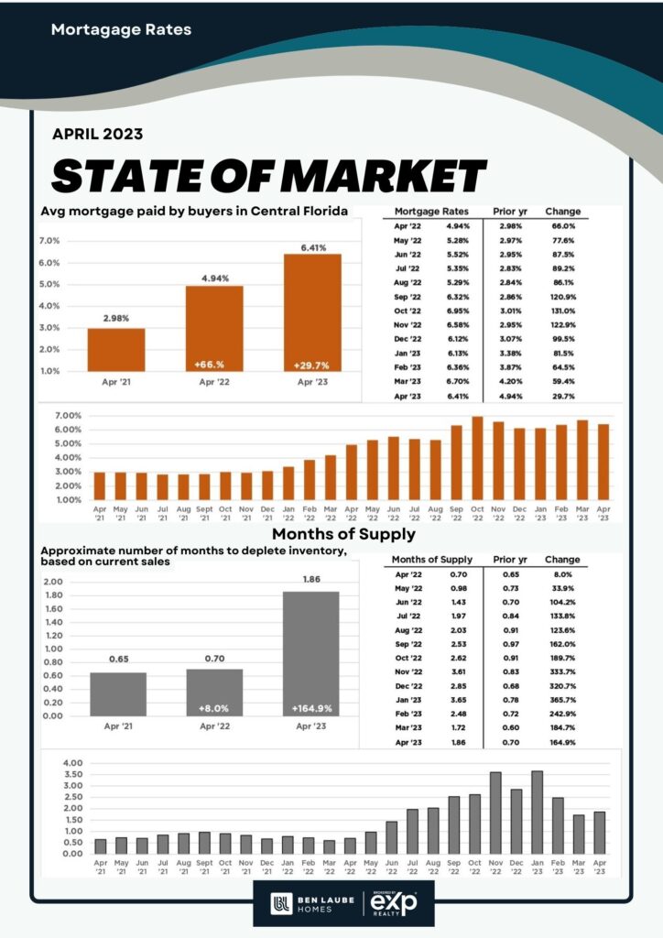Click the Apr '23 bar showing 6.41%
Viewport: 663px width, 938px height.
(312, 311)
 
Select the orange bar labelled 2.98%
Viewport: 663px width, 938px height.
(116, 348)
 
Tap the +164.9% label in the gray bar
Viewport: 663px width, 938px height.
(310, 708)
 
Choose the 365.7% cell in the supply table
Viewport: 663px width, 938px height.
(563, 700)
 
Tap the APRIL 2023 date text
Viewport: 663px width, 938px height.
(97, 134)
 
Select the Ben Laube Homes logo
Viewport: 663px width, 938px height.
(309, 905)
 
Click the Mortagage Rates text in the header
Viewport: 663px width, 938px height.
(121, 29)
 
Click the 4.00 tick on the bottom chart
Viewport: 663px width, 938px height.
(71, 763)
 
